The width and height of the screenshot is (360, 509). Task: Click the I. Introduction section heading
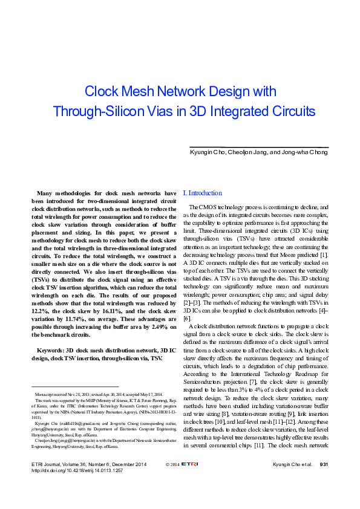tap(202, 193)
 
